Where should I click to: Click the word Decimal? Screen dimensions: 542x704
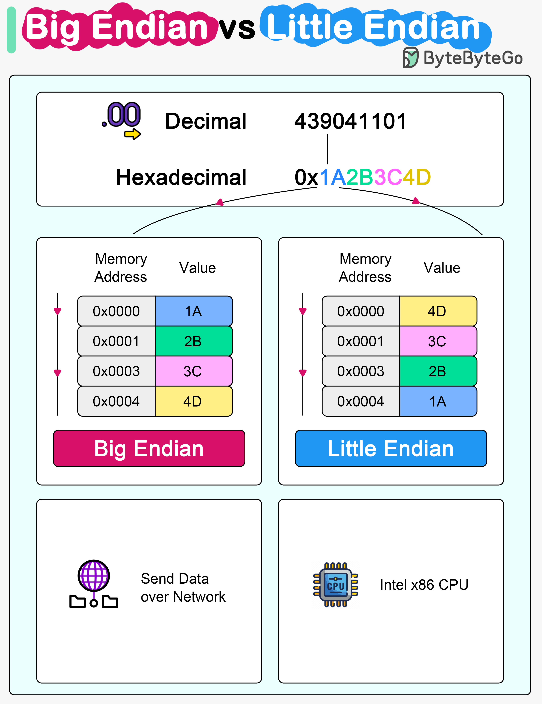click(206, 121)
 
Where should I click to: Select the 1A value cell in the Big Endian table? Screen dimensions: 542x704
click(193, 311)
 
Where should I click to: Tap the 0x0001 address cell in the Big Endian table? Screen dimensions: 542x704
click(117, 341)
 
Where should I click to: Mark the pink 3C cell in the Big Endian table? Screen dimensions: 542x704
click(193, 371)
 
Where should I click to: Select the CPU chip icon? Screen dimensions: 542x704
click(335, 585)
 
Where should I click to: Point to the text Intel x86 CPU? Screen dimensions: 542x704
click(424, 585)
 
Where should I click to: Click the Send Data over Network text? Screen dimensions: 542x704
click(183, 588)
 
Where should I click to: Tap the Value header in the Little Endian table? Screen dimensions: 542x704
click(442, 268)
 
